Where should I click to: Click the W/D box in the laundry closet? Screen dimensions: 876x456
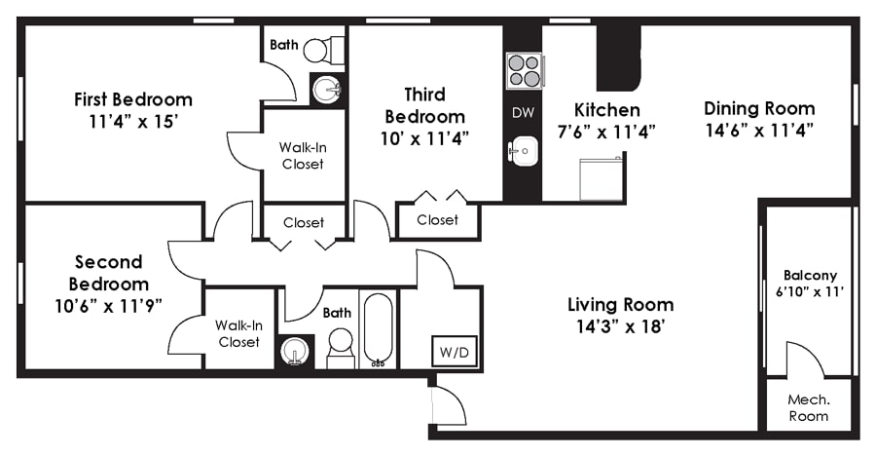pyautogui.click(x=455, y=352)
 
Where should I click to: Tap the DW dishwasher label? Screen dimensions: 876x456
pyautogui.click(x=523, y=112)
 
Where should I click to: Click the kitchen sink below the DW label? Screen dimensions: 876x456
pyautogui.click(x=524, y=151)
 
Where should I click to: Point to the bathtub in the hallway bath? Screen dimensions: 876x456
pyautogui.click(x=379, y=329)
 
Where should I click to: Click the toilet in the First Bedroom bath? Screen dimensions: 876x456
pyautogui.click(x=324, y=51)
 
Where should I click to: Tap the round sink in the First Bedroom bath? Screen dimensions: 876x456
pyautogui.click(x=326, y=90)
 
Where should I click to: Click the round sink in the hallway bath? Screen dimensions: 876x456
pyautogui.click(x=294, y=351)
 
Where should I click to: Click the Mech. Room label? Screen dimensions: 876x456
pyautogui.click(x=809, y=408)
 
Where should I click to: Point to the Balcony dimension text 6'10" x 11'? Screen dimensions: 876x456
pyautogui.click(x=810, y=291)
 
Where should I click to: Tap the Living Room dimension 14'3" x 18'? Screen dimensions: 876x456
pyautogui.click(x=620, y=326)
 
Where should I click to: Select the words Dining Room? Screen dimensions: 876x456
pyautogui.click(x=759, y=108)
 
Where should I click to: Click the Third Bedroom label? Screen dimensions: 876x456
pyautogui.click(x=424, y=105)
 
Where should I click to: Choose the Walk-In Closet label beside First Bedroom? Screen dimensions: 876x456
pyautogui.click(x=303, y=156)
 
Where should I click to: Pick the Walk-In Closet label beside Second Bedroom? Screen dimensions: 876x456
pyautogui.click(x=238, y=333)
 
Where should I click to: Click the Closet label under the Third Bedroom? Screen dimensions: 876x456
pyautogui.click(x=437, y=220)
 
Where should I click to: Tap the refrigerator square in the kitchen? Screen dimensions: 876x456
pyautogui.click(x=602, y=178)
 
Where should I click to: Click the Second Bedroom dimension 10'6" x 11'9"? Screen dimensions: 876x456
pyautogui.click(x=108, y=306)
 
